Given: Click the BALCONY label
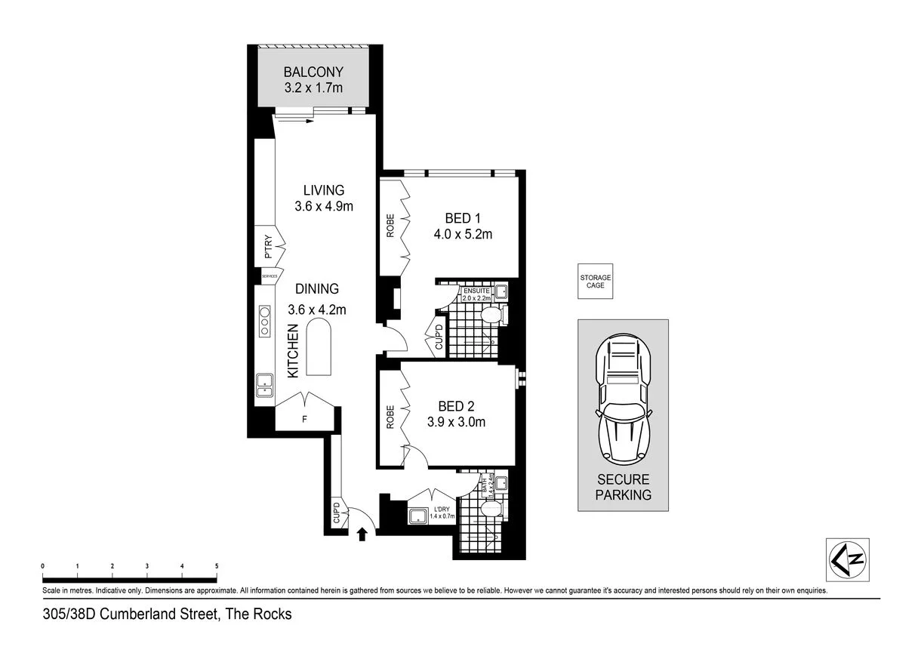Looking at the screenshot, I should click(313, 72).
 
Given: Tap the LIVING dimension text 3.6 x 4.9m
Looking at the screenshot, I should click(324, 206).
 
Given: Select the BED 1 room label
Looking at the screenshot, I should click(463, 218).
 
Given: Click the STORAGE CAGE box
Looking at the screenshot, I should click(596, 282).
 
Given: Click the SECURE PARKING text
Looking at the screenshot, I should click(624, 488).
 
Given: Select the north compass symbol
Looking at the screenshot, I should click(847, 559).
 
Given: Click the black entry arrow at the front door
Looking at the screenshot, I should click(362, 534).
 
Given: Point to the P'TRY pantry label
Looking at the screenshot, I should click(268, 249).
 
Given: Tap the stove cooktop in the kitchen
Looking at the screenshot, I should click(265, 320).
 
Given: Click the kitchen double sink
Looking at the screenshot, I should click(264, 385).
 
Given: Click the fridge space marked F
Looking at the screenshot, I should click(305, 417).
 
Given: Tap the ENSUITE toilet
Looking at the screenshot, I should click(491, 315).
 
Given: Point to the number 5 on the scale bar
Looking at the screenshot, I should click(217, 565).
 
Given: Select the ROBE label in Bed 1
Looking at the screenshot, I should click(390, 226).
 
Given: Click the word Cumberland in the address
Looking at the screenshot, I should click(140, 614).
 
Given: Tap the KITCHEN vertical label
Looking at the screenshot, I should click(293, 351).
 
